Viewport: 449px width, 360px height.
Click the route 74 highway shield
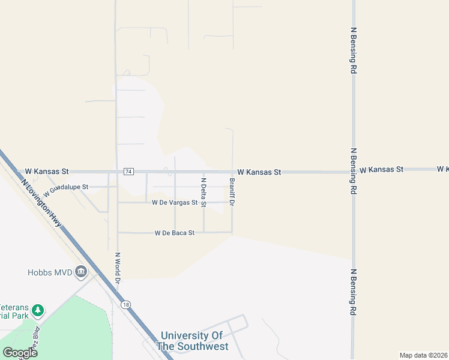point(128,172)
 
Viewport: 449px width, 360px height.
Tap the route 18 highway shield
point(125,305)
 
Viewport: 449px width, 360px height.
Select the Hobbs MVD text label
point(50,272)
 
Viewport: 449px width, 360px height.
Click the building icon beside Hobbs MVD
point(80,273)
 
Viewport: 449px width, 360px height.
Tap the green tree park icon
point(38,310)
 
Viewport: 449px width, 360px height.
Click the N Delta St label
point(203,192)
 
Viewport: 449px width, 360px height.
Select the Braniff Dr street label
point(232,191)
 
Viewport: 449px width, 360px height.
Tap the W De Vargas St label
point(175,203)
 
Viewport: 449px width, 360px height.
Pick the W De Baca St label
point(175,233)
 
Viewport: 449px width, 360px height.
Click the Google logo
point(20,353)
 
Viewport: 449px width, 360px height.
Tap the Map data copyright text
point(423,355)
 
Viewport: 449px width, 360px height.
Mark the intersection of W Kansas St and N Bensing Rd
point(354,172)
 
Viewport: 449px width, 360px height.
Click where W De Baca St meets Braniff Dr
point(232,232)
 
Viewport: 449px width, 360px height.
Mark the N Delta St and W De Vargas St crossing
point(203,203)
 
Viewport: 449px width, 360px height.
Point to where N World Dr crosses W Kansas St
point(117,172)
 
